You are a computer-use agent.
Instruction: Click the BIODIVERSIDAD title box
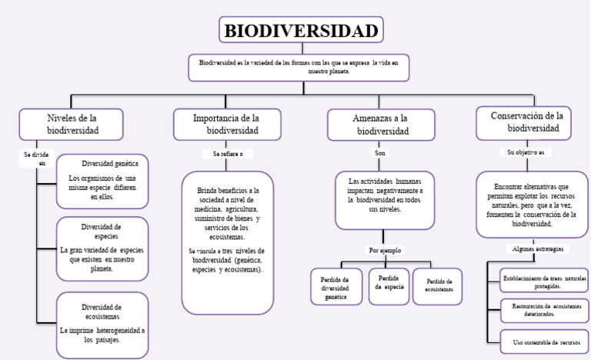pyautogui.click(x=301, y=31)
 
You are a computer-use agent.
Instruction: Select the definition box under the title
pyautogui.click(x=299, y=67)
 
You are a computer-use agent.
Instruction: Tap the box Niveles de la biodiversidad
pyautogui.click(x=72, y=125)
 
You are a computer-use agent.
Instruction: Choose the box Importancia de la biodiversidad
pyautogui.click(x=227, y=125)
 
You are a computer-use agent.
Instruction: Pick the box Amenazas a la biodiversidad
pyautogui.click(x=380, y=125)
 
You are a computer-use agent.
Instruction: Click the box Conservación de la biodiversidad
pyautogui.click(x=526, y=122)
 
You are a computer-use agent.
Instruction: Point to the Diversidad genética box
pyautogui.click(x=102, y=181)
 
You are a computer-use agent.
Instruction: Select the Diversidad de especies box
pyautogui.click(x=102, y=248)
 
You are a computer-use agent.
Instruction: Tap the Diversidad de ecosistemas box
pyautogui.click(x=102, y=324)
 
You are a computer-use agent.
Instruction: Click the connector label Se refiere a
pyautogui.click(x=227, y=154)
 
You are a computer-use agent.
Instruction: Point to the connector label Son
pyautogui.click(x=380, y=153)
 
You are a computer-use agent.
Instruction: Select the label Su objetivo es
pyautogui.click(x=526, y=152)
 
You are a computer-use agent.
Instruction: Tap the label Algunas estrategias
pyautogui.click(x=537, y=250)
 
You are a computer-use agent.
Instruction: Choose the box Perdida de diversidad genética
pyautogui.click(x=336, y=287)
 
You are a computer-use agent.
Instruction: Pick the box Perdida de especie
pyautogui.click(x=389, y=282)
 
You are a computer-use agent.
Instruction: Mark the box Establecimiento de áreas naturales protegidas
pyautogui.click(x=543, y=281)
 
